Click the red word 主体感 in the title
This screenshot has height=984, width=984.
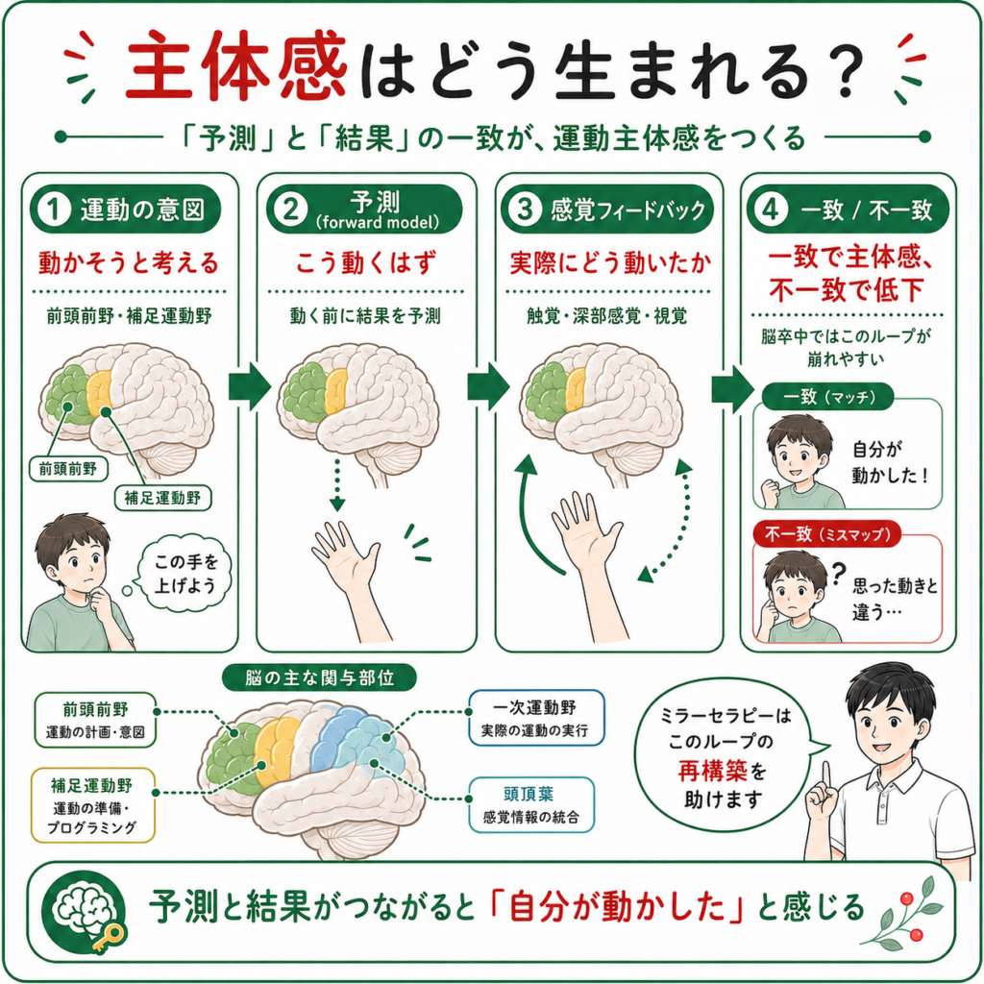tap(236, 66)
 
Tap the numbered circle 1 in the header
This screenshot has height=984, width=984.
tap(54, 209)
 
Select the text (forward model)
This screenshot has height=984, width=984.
tap(377, 222)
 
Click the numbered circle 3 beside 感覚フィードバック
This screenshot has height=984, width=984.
tap(525, 209)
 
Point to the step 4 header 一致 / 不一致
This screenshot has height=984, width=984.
tap(848, 209)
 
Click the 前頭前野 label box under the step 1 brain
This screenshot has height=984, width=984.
tap(68, 468)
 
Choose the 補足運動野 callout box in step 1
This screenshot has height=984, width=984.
tap(163, 498)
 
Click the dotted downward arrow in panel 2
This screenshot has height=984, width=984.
tap(337, 484)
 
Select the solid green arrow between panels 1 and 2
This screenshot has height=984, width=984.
tap(249, 386)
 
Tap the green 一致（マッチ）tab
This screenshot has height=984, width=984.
tap(827, 397)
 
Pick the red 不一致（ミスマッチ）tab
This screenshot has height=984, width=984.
tap(826, 534)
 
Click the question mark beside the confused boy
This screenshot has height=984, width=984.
tap(838, 574)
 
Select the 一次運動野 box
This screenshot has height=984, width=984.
tap(536, 718)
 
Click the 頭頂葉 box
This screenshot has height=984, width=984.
tap(531, 804)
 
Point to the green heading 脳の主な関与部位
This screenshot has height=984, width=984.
tap(319, 677)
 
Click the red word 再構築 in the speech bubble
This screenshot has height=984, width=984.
tap(713, 771)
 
